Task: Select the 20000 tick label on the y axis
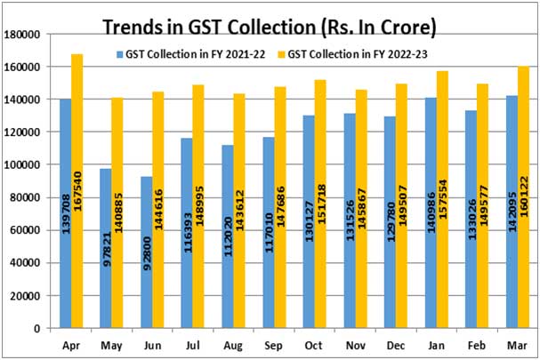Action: (x=27, y=295)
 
